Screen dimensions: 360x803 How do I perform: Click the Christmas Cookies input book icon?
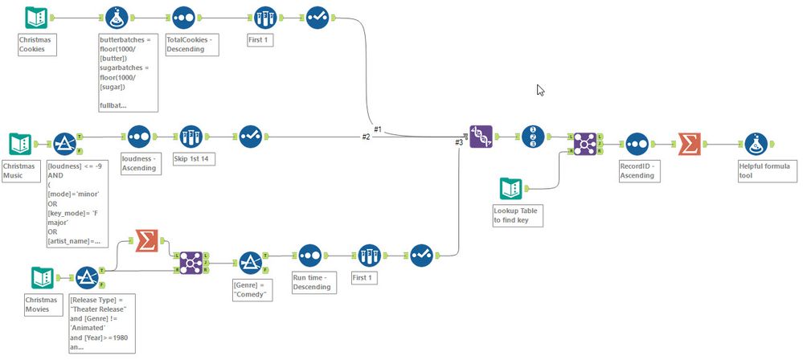[x=36, y=18]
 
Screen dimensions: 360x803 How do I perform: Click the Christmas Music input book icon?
[x=21, y=145]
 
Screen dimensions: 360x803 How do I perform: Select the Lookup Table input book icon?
[x=511, y=189]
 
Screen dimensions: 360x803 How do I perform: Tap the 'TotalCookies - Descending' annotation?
[x=190, y=43]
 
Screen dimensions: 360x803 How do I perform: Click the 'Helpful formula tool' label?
[x=763, y=170]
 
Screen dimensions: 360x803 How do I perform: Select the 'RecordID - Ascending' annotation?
[x=637, y=170]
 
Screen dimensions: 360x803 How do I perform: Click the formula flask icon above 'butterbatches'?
[x=117, y=18]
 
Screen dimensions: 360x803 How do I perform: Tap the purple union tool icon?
[x=481, y=137]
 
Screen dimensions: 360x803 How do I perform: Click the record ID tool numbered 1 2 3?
[x=534, y=137]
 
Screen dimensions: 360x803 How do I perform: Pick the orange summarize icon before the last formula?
[x=690, y=144]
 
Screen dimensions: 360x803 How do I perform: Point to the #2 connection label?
[x=366, y=137]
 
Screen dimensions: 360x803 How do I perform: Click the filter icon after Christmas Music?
[x=64, y=145]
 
